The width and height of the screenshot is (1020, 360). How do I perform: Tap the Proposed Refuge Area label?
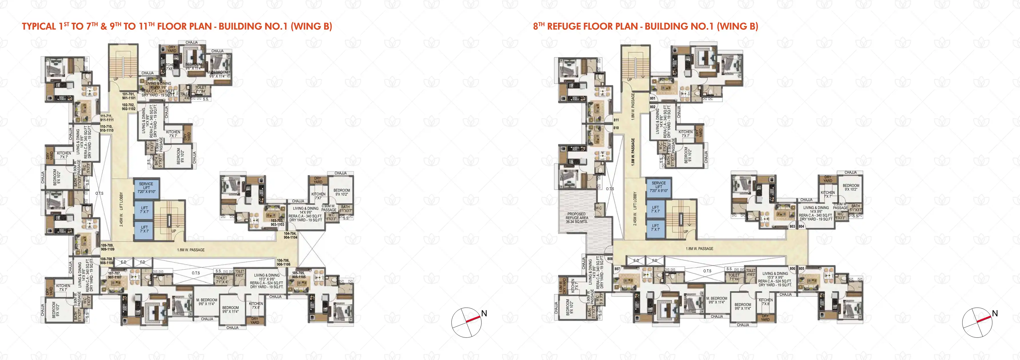[x=577, y=218]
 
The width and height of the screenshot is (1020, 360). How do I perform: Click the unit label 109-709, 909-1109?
[x=107, y=247]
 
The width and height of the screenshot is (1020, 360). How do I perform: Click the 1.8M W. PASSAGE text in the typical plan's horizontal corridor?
[x=191, y=250]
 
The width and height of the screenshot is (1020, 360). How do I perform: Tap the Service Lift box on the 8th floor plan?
[x=658, y=187]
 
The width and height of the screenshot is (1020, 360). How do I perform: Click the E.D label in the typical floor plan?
[x=123, y=262]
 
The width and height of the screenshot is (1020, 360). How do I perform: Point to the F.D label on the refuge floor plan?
[x=655, y=260]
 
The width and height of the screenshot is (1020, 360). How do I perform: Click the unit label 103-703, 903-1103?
[x=277, y=222]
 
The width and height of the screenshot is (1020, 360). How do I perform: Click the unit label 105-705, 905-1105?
[x=298, y=275]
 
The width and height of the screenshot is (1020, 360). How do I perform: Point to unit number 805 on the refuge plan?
[x=801, y=268]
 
